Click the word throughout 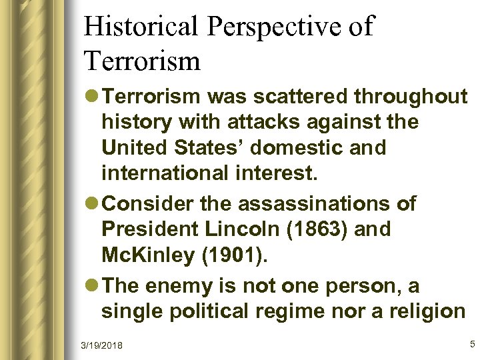pyautogui.click(x=411, y=97)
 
